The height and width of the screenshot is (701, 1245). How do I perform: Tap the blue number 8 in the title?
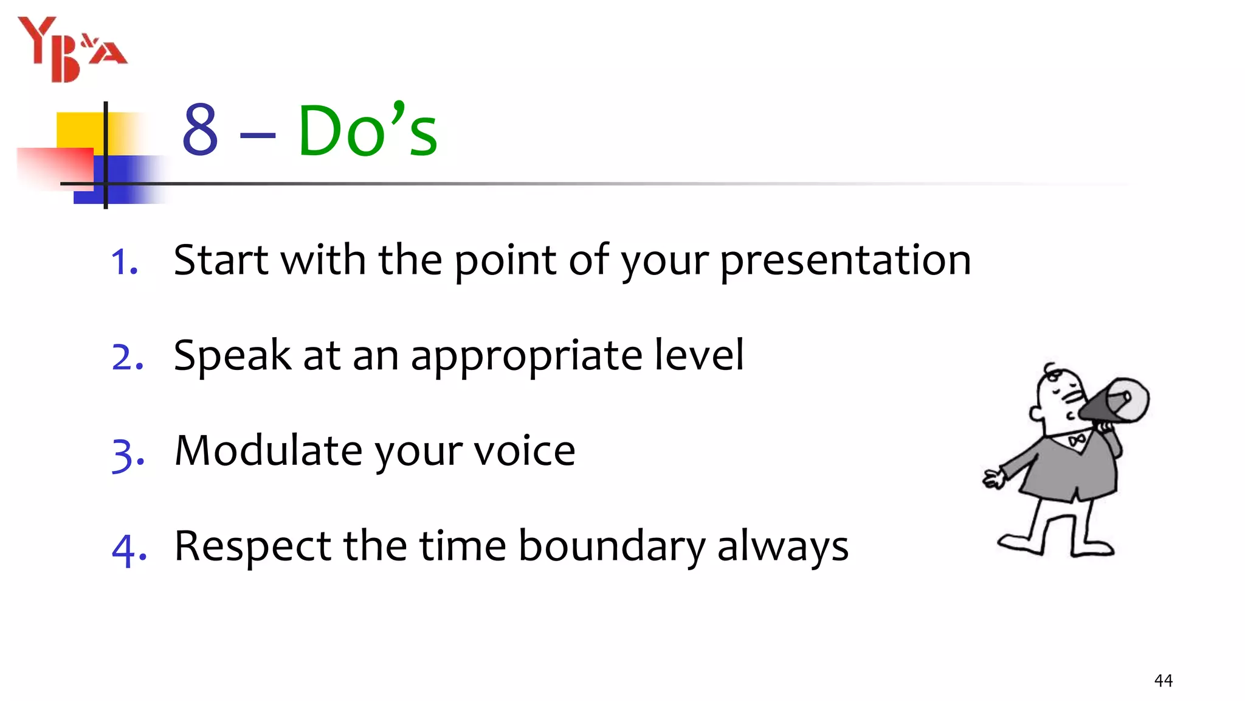coord(200,130)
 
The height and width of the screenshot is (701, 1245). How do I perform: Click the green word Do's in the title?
coord(367,130)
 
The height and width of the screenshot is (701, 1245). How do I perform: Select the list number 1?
coord(125,263)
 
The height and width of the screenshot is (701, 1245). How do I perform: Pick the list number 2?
coord(128,358)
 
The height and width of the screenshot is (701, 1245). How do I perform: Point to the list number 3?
coord(128,454)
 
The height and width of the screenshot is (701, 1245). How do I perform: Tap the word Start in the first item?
coord(221,260)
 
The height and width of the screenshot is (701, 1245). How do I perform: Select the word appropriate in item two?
coord(526,357)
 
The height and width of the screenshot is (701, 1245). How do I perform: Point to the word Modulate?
coord(268,451)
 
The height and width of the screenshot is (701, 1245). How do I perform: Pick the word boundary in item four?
coord(611,546)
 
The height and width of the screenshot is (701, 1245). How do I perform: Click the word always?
coord(782,548)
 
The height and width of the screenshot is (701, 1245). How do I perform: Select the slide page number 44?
coord(1163,680)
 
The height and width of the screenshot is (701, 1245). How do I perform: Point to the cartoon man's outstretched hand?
coord(993,479)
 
